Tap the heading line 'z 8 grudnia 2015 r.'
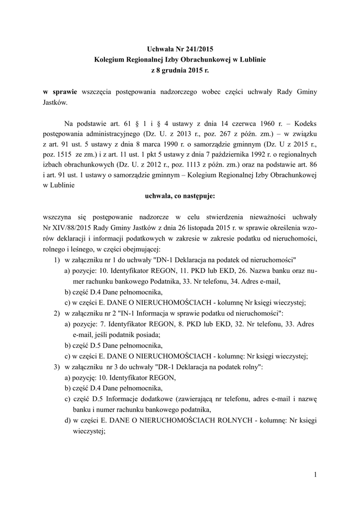click(180, 71)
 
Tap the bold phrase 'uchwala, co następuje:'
click(180, 196)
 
